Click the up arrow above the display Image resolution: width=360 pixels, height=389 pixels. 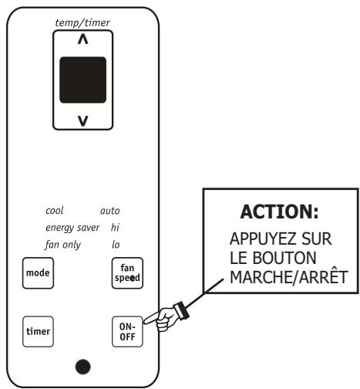click(83, 44)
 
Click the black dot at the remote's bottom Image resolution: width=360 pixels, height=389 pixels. click(82, 365)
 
